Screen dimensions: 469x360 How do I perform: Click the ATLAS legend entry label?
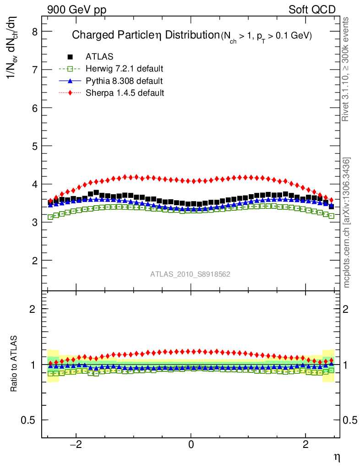[x=99, y=57]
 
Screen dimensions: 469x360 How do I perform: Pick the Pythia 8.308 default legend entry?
[x=124, y=81]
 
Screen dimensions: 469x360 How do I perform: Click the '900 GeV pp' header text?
[x=76, y=10]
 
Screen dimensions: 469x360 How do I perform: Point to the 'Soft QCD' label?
[x=312, y=10]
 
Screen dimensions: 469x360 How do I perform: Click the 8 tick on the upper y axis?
[x=34, y=32]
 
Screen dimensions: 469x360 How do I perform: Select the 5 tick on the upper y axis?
[x=34, y=146]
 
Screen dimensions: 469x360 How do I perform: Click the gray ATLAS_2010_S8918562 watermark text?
[x=190, y=274]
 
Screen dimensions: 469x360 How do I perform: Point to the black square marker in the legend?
[x=70, y=57]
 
